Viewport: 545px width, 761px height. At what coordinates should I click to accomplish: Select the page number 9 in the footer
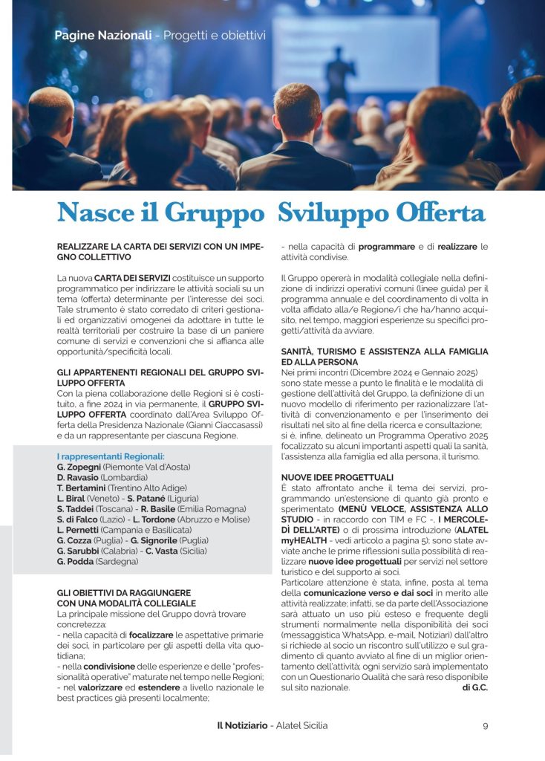[x=485, y=725]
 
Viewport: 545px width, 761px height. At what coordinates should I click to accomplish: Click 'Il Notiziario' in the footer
[x=237, y=725]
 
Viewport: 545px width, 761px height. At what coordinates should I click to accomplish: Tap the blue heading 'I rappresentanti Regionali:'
[x=111, y=456]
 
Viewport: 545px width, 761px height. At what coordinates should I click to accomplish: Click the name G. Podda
[x=75, y=562]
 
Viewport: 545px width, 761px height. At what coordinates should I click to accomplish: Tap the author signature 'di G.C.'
[x=474, y=687]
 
